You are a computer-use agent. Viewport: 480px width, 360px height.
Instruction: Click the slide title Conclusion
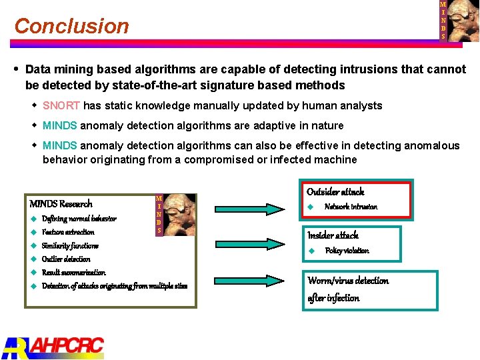[x=71, y=26]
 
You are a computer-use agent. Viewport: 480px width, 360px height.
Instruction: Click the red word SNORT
[x=61, y=105]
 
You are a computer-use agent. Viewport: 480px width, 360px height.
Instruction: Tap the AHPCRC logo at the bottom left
[x=53, y=347]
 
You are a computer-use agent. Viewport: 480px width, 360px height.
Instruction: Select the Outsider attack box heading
[x=335, y=192]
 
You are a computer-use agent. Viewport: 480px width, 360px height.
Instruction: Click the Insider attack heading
[x=333, y=235]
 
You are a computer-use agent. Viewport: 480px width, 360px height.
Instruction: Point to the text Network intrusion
[x=351, y=207]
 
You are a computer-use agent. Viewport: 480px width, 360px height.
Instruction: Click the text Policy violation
[x=347, y=251]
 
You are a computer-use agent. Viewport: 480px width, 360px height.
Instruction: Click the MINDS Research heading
[x=61, y=204]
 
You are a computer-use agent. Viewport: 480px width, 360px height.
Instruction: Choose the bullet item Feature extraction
[x=68, y=232]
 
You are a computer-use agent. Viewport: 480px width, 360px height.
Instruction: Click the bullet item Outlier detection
[x=66, y=259]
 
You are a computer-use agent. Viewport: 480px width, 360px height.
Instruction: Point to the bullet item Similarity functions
[x=70, y=245]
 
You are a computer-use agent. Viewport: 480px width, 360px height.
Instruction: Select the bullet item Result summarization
[x=73, y=273]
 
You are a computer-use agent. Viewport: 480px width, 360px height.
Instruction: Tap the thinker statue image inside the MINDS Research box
[x=179, y=215]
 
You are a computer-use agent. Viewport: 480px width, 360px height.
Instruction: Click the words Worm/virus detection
[x=348, y=281]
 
